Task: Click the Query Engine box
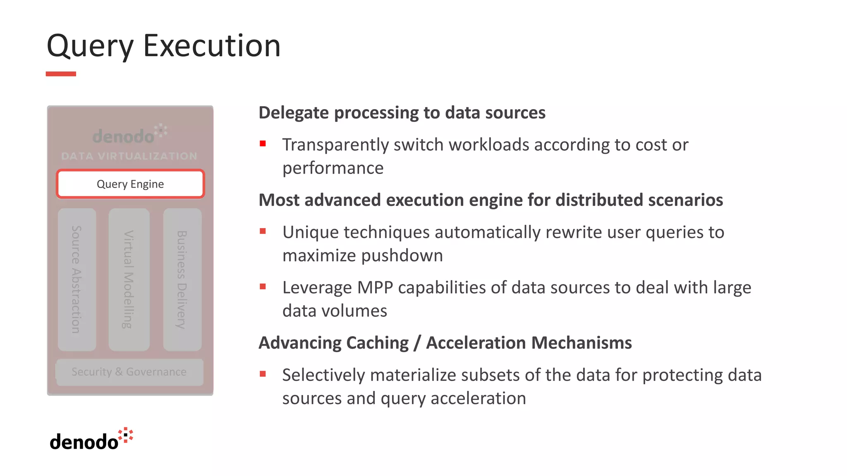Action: [x=130, y=184]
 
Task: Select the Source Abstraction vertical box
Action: [x=77, y=279]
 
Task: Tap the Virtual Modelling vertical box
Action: [x=129, y=279]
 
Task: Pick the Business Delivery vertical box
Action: [x=182, y=279]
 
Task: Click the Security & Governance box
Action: [x=129, y=372]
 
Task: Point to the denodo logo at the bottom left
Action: [x=91, y=440]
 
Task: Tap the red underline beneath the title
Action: [x=61, y=74]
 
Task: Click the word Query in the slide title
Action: [x=90, y=46]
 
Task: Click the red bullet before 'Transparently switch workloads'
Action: [x=263, y=144]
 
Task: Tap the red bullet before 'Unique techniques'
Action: [x=263, y=231]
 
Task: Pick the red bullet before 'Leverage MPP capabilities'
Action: [x=263, y=286]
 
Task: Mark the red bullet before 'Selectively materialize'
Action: [x=263, y=374]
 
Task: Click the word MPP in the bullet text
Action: [x=375, y=288]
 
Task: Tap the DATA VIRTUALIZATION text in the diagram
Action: [x=129, y=156]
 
